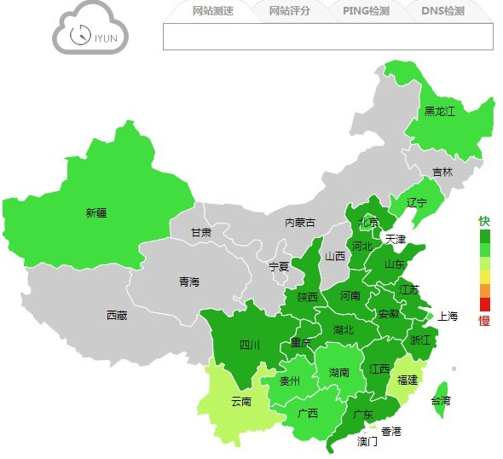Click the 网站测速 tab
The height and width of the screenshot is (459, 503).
tap(213, 11)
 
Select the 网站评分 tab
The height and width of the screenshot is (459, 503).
tap(289, 11)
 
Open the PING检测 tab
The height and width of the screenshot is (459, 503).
tap(366, 11)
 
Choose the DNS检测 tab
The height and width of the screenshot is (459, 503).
tap(443, 11)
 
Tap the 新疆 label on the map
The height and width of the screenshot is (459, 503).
tap(96, 213)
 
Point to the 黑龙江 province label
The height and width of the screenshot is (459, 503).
tap(440, 111)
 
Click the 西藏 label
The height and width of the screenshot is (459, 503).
tap(117, 316)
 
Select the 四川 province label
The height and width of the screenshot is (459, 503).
tap(249, 346)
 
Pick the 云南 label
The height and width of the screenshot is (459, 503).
tap(241, 401)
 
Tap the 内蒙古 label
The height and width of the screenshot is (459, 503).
tap(299, 223)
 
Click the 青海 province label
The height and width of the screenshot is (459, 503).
tap(189, 282)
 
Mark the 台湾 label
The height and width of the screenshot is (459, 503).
tap(441, 401)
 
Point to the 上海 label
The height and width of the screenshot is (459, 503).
tap(448, 317)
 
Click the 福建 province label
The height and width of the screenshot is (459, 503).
tap(408, 380)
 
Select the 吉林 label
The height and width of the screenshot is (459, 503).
tap(442, 171)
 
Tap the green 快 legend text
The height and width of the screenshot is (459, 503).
tap(484, 220)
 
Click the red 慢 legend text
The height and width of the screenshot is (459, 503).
tap(484, 321)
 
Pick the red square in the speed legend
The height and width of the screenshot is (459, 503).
tap(485, 304)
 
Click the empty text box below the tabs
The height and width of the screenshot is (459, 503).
tap(328, 37)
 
